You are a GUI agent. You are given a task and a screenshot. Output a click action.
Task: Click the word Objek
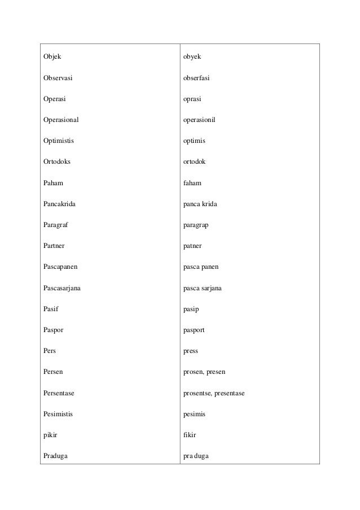(x=52, y=57)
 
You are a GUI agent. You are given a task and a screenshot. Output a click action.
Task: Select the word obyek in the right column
(x=192, y=57)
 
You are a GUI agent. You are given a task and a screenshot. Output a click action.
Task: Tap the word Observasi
(x=59, y=78)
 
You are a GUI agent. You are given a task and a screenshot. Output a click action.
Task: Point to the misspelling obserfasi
(x=197, y=78)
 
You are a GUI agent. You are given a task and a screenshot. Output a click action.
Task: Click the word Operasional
(x=62, y=120)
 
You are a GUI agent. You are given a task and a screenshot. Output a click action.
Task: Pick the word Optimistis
(x=59, y=141)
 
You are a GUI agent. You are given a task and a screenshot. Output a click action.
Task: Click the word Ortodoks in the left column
(x=58, y=162)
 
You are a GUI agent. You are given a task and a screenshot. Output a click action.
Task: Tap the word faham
(x=192, y=183)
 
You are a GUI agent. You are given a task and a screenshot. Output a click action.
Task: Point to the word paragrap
(x=196, y=225)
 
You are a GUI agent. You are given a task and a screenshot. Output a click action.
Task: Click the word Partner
(x=55, y=246)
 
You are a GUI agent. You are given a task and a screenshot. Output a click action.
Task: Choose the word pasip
(x=191, y=309)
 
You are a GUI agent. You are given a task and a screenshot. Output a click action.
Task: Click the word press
(x=191, y=351)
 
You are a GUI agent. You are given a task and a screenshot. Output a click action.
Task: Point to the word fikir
(x=190, y=435)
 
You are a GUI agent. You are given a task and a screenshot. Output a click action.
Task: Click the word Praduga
(x=55, y=456)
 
